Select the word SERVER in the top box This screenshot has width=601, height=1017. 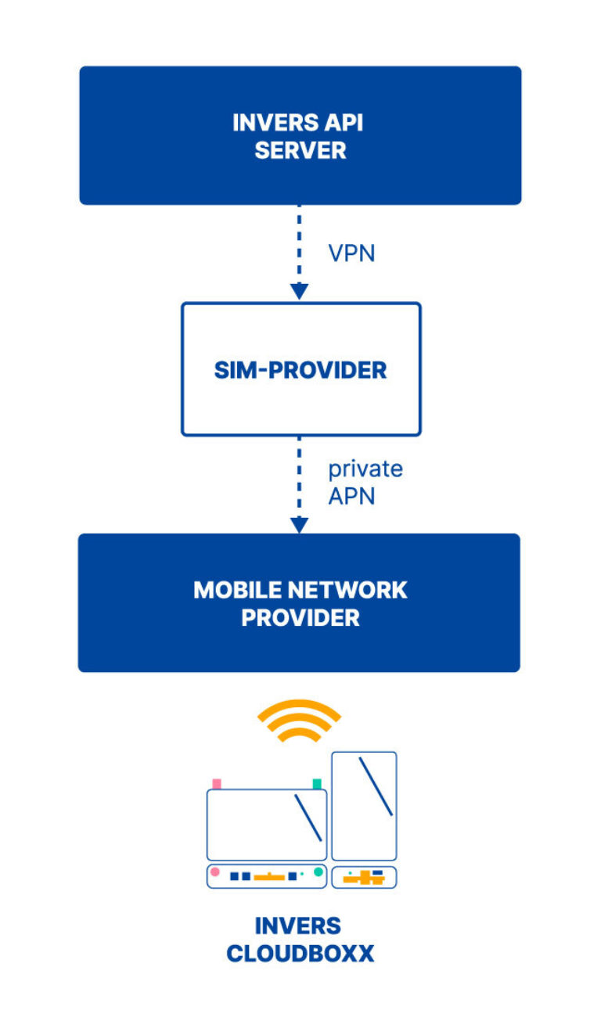coord(300,150)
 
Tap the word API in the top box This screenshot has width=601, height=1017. coord(344,123)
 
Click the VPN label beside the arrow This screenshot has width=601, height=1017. coord(351,253)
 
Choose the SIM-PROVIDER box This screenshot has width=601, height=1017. coord(301,369)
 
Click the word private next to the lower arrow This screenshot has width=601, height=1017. coord(365,469)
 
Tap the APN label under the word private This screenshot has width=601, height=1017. coord(351,496)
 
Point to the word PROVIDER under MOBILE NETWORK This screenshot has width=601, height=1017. coord(300,617)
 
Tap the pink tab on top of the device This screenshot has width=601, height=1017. coord(217,783)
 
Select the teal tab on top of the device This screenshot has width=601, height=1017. coord(317,783)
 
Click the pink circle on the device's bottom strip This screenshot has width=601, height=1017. coord(215,871)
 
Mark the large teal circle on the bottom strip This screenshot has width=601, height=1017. coord(318,871)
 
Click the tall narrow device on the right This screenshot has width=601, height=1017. coord(364,806)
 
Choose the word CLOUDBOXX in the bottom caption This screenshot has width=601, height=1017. coord(300,954)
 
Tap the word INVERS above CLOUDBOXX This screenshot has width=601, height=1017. coord(298,926)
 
